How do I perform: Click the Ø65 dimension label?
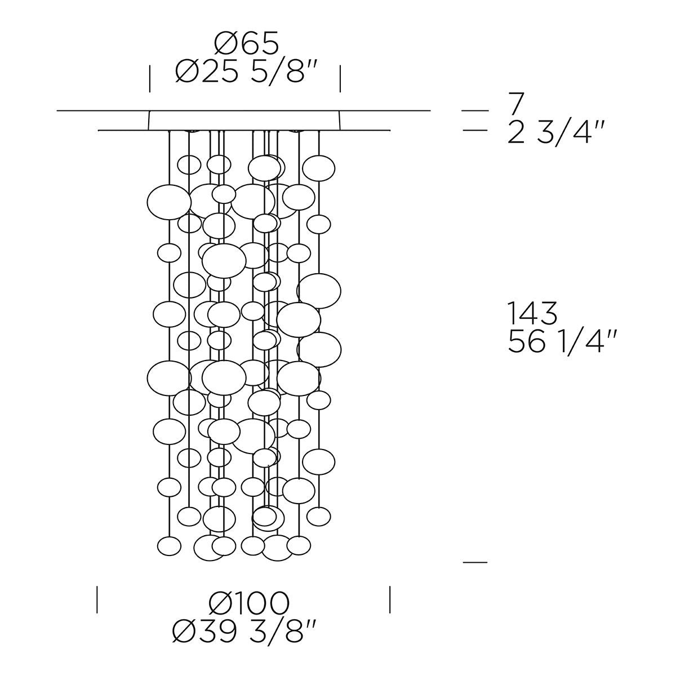pos(246,43)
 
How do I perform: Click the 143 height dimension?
pos(532,313)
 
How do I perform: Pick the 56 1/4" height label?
pos(562,341)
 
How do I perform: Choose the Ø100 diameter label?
pos(249,603)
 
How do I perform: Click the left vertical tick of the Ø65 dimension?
pos(150,78)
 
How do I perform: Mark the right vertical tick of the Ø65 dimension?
pos(340,78)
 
